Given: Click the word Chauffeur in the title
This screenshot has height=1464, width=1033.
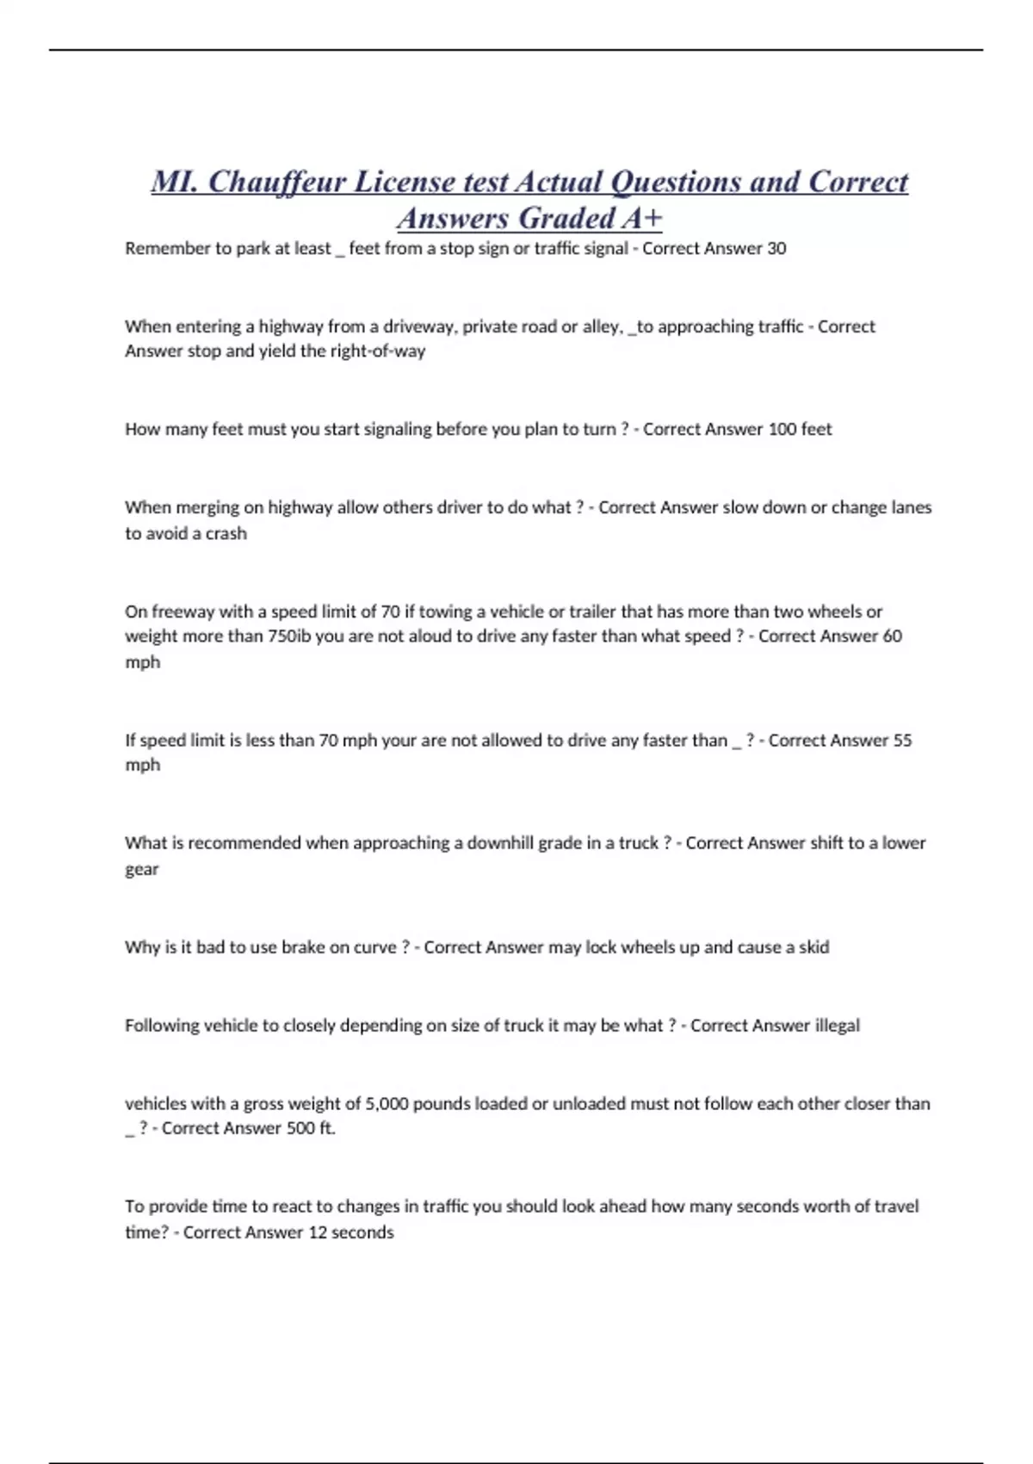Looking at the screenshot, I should [276, 182].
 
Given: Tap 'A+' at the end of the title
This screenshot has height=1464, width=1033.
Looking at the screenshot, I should [641, 219].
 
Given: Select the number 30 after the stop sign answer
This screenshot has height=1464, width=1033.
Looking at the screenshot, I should [776, 248].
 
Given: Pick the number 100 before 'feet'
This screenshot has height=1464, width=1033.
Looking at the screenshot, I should [782, 429].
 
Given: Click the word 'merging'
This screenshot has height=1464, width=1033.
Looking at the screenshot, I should [207, 507].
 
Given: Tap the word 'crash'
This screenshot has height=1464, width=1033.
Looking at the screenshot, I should [226, 533].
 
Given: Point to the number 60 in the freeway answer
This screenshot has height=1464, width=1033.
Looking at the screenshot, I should [892, 636].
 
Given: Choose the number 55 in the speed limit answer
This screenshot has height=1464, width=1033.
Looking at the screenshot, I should [902, 740].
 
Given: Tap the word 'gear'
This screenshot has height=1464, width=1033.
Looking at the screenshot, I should [141, 869].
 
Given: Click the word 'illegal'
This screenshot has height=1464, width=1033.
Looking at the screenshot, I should [837, 1026].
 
